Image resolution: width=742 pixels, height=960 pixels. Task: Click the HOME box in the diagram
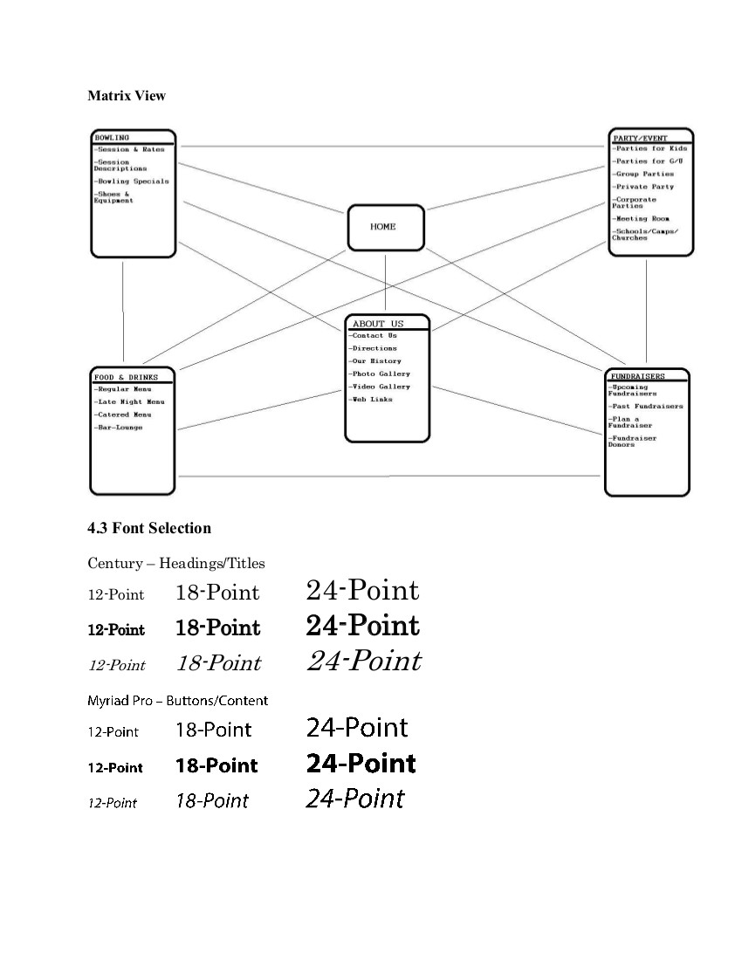point(385,227)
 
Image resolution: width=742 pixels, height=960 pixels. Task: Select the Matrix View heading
point(127,96)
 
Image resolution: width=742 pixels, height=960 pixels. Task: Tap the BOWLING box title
point(112,138)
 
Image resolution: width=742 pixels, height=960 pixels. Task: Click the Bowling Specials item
point(132,182)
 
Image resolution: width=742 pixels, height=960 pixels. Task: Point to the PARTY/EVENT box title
point(640,138)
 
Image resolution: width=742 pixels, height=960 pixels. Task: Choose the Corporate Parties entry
point(635,202)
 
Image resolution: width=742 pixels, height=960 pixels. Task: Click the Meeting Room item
point(642,218)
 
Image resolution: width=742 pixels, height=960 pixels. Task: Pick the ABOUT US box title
point(378,324)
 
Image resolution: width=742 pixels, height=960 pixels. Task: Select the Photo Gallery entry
point(380,374)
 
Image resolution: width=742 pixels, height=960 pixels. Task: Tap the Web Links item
point(371,400)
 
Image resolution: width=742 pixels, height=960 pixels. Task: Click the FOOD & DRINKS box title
point(126,377)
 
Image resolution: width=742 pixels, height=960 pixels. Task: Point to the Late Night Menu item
point(130,401)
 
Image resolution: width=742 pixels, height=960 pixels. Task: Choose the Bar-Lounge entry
point(119,428)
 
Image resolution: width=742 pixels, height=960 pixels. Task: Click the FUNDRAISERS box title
point(637,376)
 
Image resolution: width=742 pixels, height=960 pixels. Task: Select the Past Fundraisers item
point(647,407)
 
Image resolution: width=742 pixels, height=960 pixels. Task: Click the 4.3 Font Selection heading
point(149,528)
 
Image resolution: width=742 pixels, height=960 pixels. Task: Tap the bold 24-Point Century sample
point(362,626)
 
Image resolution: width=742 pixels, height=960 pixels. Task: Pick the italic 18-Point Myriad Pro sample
point(212,800)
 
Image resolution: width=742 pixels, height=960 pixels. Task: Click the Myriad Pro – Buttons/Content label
point(177,700)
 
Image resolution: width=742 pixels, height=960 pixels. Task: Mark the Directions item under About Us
point(373,348)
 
